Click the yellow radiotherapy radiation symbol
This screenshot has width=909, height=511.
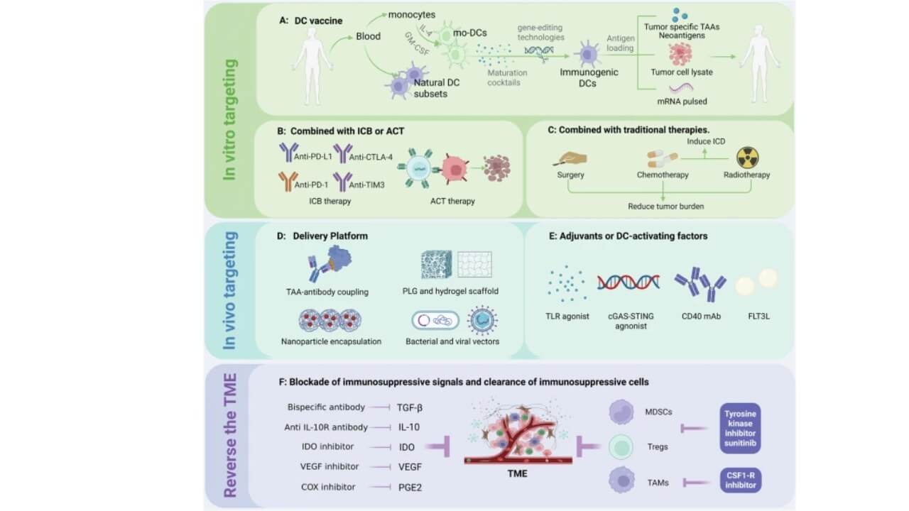point(747,158)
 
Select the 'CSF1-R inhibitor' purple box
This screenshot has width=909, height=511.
point(739,480)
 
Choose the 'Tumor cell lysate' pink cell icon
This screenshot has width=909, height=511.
point(680,54)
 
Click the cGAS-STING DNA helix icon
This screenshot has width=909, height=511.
point(628,282)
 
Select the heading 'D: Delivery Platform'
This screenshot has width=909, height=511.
point(323,236)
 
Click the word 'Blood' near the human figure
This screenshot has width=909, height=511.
point(368,36)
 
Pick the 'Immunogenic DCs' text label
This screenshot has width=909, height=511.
point(589,77)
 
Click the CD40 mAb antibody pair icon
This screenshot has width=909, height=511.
point(699,284)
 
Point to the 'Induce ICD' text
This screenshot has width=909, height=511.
point(706,142)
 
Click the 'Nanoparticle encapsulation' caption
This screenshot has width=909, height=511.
point(331,341)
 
